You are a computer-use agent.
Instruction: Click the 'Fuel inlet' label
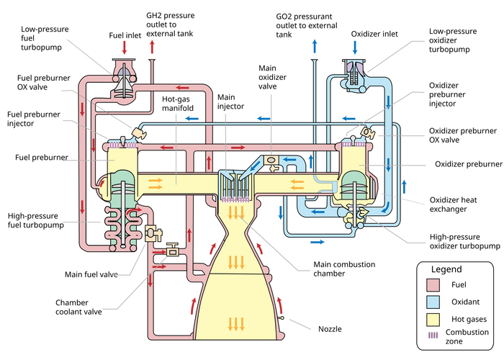(x=125, y=33)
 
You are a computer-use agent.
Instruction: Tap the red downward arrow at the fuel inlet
(x=124, y=48)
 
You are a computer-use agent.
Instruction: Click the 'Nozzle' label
(x=330, y=328)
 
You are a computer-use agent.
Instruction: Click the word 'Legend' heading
(x=446, y=269)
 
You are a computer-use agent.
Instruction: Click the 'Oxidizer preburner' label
(x=468, y=163)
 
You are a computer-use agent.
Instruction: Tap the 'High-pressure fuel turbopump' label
(x=35, y=220)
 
